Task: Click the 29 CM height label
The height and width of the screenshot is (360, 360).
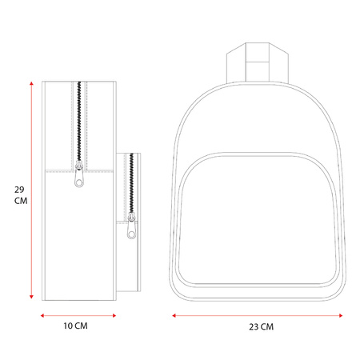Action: coord(21,195)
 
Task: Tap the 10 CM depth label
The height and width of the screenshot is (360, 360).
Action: coord(75,326)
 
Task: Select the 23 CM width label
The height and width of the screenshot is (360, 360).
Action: coord(262,326)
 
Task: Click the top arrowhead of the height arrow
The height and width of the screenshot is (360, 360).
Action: coord(31,83)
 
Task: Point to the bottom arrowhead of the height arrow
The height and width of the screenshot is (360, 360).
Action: coord(31,297)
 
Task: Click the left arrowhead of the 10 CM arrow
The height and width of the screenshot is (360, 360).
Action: coord(42,316)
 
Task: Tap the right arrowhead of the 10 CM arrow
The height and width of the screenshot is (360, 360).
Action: coord(114,316)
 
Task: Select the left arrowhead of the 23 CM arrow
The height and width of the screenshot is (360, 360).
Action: coord(174,316)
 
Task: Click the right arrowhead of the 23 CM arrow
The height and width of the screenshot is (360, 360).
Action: coord(341,316)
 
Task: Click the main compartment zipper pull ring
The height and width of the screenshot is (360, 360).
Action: coord(79,182)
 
